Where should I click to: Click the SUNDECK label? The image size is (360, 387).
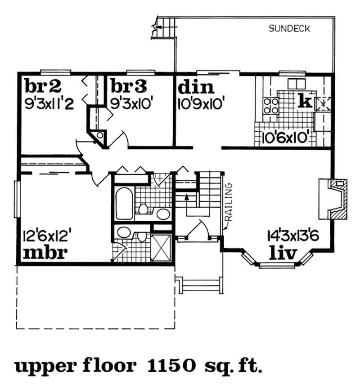click(290, 30)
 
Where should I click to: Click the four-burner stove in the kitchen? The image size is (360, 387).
click(270, 106)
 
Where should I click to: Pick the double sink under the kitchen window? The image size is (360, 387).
click(296, 84)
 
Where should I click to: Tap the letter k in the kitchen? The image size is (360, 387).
click(305, 101)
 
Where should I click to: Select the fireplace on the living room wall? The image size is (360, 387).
click(333, 198)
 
